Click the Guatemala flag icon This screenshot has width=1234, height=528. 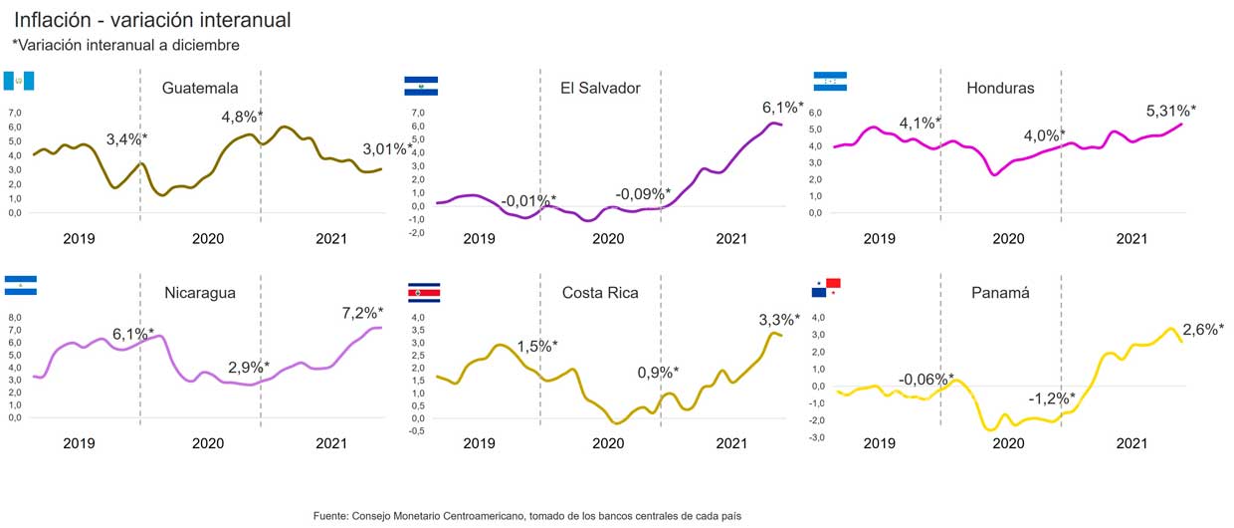pos(20,81)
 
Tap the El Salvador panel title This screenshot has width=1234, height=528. pos(600,88)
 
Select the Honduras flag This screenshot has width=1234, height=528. pos(830,82)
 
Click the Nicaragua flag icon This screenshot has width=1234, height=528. pos(20,285)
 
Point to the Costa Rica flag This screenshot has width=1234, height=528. pos(424,292)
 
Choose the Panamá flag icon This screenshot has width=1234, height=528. pos(826,287)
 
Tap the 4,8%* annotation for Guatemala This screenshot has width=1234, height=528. pos(242,117)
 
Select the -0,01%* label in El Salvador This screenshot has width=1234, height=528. pos(527,201)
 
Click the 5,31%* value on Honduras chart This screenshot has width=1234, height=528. pos(1170,111)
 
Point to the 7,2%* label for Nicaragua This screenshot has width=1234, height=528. pos(362,313)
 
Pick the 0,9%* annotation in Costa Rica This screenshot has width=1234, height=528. pos(658,373)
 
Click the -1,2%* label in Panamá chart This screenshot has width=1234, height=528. pos(1051,398)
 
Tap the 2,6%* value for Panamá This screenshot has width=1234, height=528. pos(1203,330)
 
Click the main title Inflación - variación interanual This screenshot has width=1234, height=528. pos(152,20)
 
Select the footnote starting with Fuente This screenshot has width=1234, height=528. pos(527,515)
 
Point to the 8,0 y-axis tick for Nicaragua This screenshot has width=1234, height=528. pos(15,318)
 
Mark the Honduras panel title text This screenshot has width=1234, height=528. pos(1000,88)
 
